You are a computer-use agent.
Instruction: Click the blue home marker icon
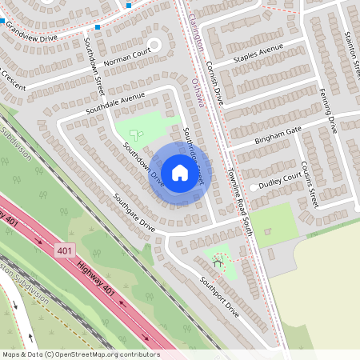(179, 172)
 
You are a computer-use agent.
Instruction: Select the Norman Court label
(126, 59)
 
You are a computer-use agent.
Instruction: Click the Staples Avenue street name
(258, 54)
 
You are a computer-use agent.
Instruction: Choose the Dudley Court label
(279, 178)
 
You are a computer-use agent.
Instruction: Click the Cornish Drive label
(214, 84)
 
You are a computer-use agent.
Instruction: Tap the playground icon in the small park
(218, 258)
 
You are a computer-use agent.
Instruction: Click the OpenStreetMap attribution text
(80, 354)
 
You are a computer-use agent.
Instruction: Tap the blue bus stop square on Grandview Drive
(97, 27)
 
